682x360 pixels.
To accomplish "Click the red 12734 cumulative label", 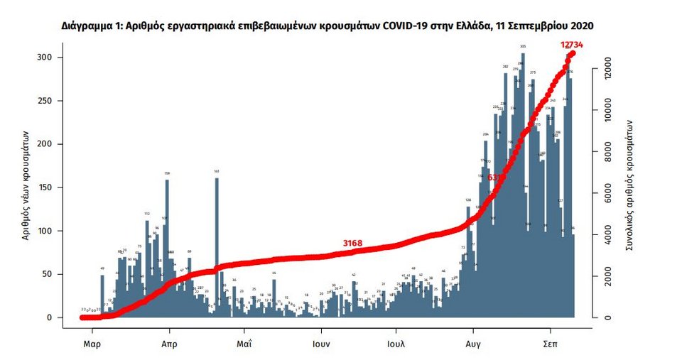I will pos(576,45).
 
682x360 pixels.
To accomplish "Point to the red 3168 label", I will pos(352,244).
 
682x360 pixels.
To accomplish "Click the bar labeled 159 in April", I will pos(167,249).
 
